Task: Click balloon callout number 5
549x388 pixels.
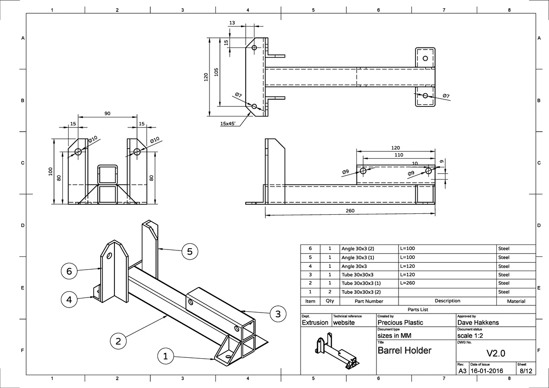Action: (x=189, y=251)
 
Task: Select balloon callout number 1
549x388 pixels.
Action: (x=166, y=356)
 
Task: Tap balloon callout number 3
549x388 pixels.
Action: (x=278, y=314)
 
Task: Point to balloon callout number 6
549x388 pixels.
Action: (x=69, y=271)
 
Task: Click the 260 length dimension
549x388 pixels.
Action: (x=350, y=211)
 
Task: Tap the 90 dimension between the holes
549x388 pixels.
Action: (x=107, y=113)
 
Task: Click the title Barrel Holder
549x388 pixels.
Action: (x=404, y=351)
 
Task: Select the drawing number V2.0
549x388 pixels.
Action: (x=495, y=353)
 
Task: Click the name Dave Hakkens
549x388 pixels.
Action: (x=478, y=322)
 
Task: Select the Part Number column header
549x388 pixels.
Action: (x=369, y=301)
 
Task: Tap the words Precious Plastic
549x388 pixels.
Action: (x=400, y=322)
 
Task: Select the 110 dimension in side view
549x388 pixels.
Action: (x=398, y=155)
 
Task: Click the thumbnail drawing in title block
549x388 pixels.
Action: (x=338, y=352)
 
